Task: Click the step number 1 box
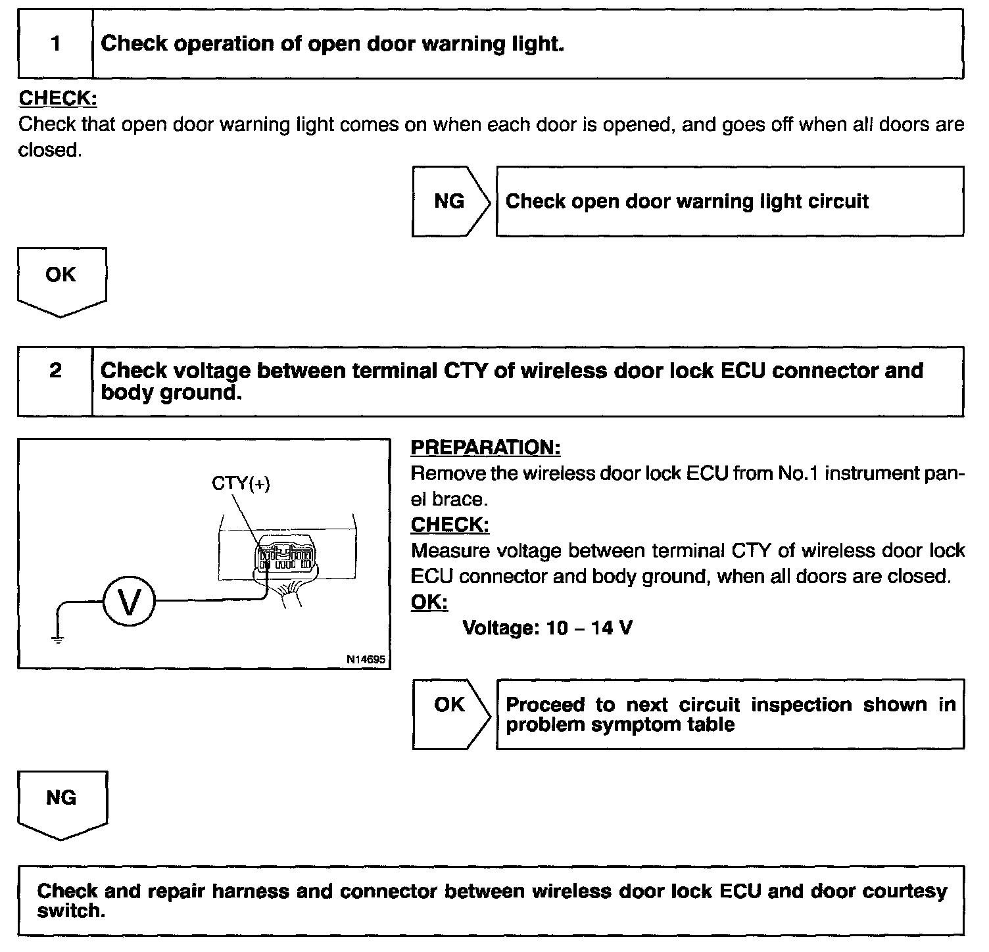coord(56,44)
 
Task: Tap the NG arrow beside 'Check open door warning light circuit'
coord(450,201)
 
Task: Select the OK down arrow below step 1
coord(61,279)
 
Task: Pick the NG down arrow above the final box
coord(62,803)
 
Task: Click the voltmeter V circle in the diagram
coord(129,602)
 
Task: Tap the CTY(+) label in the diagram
coord(241,484)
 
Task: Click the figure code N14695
coord(366,659)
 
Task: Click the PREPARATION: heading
coord(485,448)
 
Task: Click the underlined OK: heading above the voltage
coord(429,602)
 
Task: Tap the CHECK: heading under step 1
coord(58,99)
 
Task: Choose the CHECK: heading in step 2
coord(450,525)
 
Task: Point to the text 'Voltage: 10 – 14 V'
coord(548,629)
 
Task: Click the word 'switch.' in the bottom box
coord(71,912)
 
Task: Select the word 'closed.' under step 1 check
coord(50,151)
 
